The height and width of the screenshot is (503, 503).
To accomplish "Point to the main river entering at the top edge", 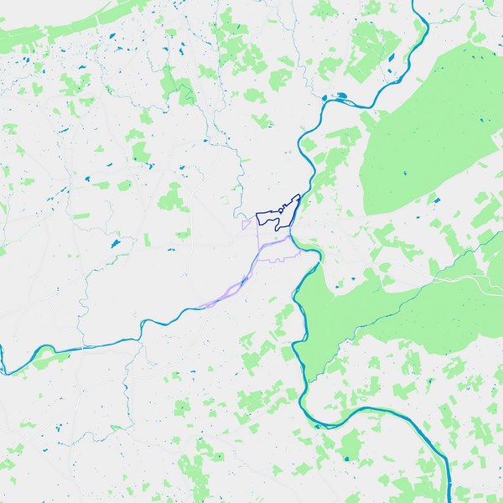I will [416, 8].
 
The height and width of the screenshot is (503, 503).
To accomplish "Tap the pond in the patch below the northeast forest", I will [435, 201].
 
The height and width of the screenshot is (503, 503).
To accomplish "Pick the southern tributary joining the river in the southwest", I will [126, 377].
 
